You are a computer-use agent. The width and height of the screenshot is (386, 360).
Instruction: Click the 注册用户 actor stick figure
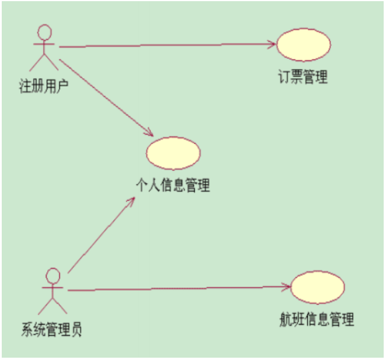click(42, 50)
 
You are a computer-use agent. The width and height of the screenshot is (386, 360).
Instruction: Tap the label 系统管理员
click(51, 330)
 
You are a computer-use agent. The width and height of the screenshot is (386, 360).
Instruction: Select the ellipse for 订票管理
click(303, 44)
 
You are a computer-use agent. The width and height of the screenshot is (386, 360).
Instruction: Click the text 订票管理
click(303, 77)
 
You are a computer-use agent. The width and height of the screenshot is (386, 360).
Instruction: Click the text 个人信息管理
click(173, 186)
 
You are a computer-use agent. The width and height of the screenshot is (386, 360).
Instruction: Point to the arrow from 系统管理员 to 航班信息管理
click(175, 288)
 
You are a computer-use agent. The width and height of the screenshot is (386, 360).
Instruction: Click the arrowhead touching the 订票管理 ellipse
click(270, 44)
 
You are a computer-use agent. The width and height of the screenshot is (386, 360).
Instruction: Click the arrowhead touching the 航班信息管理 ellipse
click(286, 286)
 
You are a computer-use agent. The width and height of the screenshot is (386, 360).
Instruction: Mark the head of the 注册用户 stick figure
click(42, 33)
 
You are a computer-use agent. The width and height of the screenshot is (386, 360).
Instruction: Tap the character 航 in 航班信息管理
click(286, 319)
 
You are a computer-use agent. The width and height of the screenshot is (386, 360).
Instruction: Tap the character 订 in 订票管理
click(284, 77)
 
